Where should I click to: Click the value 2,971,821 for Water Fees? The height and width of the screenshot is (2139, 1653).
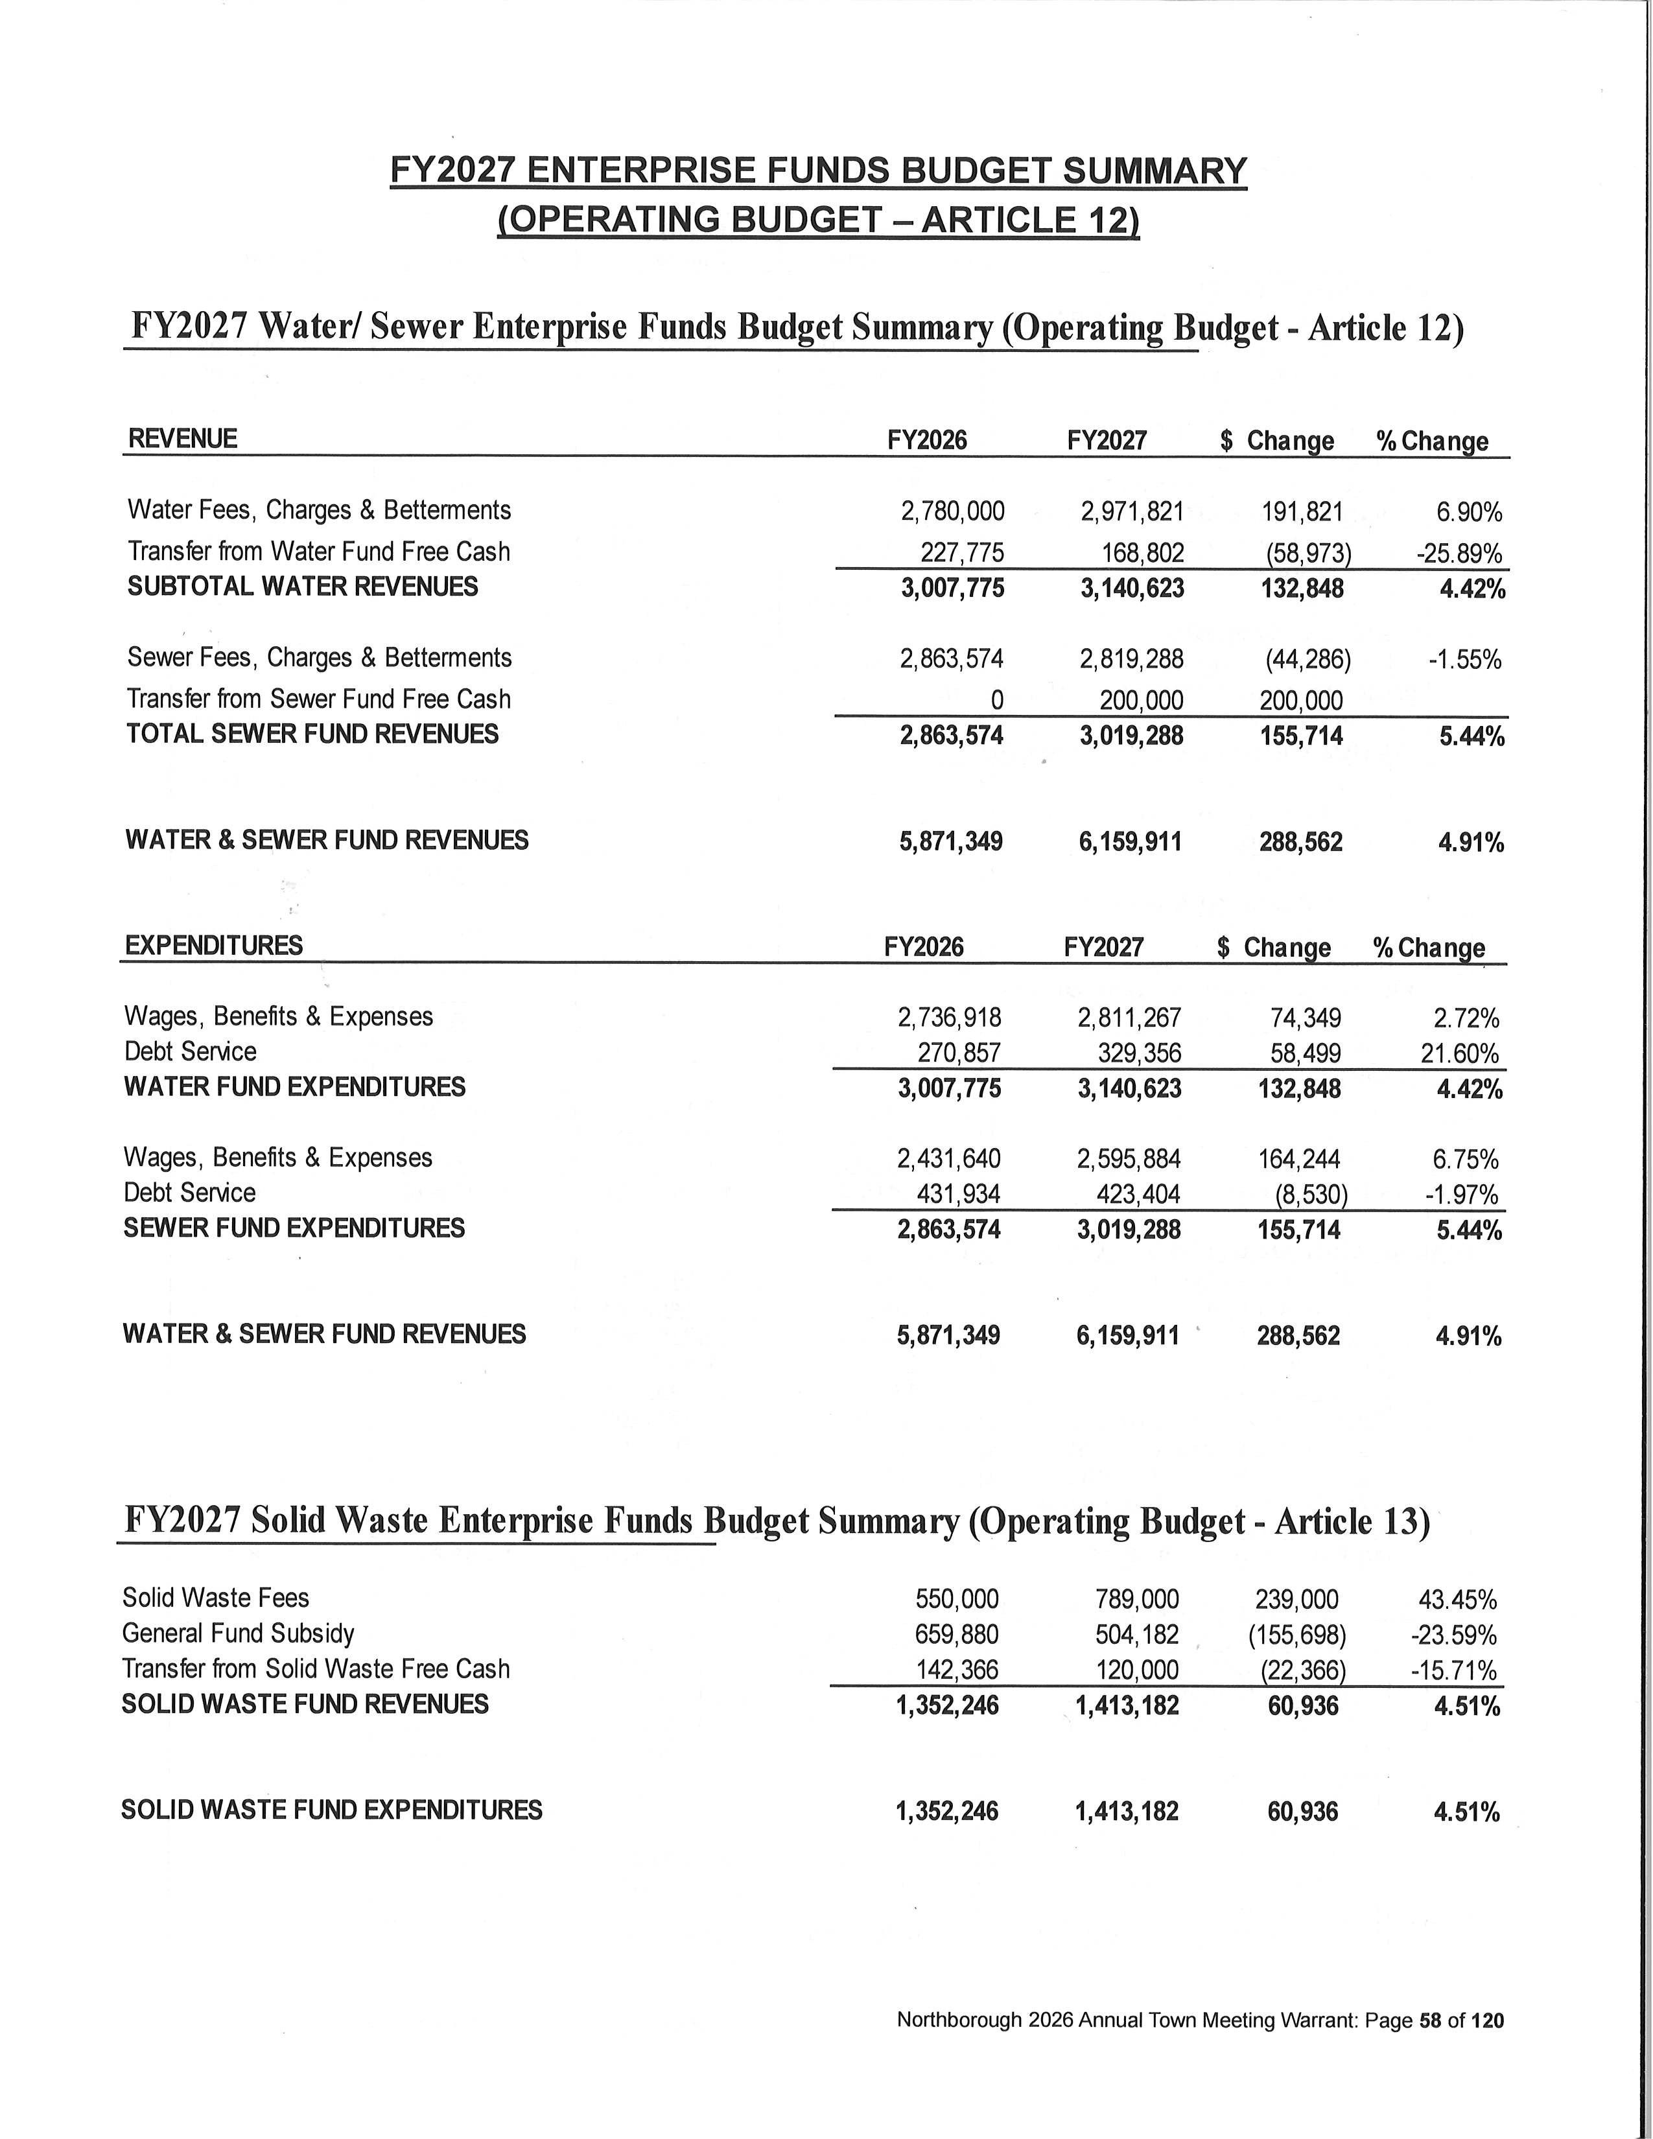click(x=1132, y=511)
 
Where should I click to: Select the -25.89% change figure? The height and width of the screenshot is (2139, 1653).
click(x=1458, y=554)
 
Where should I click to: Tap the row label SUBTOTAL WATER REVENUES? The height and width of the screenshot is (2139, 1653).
click(x=303, y=587)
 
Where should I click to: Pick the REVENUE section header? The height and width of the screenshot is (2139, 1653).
click(x=182, y=439)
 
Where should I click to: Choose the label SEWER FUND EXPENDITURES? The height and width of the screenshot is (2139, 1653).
click(x=294, y=1228)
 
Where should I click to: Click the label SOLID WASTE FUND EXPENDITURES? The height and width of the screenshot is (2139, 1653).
click(x=331, y=1810)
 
